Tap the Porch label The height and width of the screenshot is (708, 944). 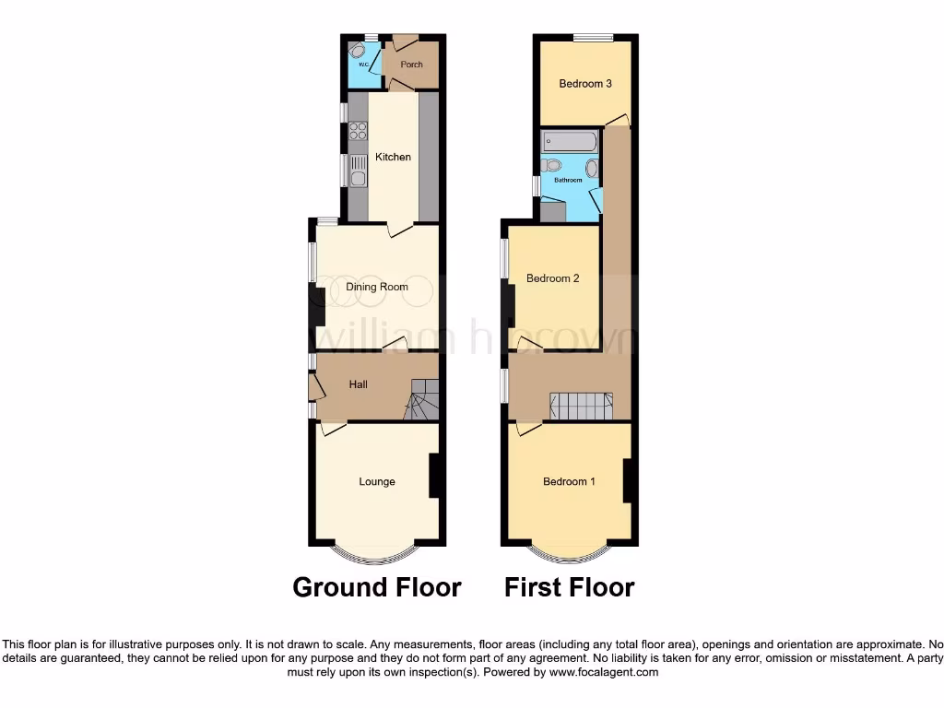pyautogui.click(x=411, y=65)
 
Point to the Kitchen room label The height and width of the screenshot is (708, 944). pyautogui.click(x=393, y=157)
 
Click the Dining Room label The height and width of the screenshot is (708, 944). pyautogui.click(x=377, y=287)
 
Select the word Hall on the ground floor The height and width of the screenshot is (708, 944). pyautogui.click(x=359, y=383)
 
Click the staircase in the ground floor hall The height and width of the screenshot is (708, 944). pyautogui.click(x=421, y=400)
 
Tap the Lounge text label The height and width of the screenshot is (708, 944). pyautogui.click(x=377, y=481)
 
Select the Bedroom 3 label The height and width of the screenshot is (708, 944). pyautogui.click(x=585, y=84)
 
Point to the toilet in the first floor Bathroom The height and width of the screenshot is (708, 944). pyautogui.click(x=551, y=166)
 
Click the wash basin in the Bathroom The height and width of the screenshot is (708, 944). pyautogui.click(x=591, y=169)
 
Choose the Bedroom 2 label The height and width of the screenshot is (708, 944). pyautogui.click(x=552, y=277)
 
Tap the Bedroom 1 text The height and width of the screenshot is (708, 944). pyautogui.click(x=569, y=481)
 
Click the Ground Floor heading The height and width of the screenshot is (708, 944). pyautogui.click(x=377, y=587)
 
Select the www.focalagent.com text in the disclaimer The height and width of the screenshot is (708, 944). pyautogui.click(x=605, y=673)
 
